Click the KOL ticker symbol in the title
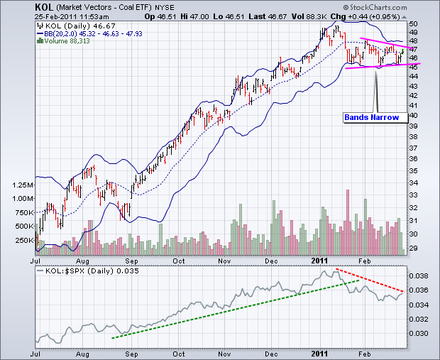coord(43,6)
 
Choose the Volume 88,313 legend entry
coord(67,40)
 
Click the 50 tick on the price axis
coord(413,24)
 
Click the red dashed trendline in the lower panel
coord(372,280)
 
